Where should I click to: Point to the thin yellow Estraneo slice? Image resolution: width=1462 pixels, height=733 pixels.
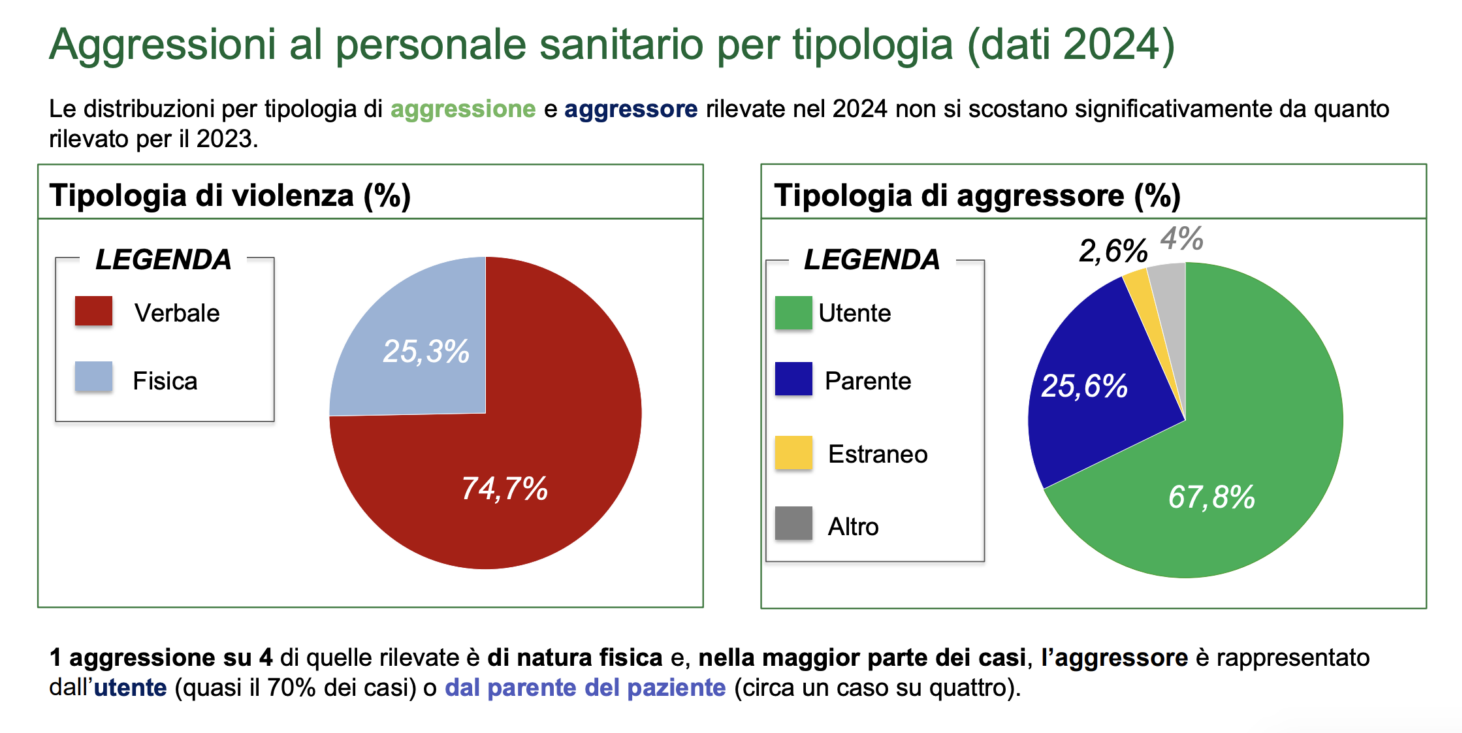pos(1136,282)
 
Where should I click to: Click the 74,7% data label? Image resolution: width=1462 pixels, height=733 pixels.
pos(504,488)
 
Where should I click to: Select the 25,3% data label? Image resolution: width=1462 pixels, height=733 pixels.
pos(426,352)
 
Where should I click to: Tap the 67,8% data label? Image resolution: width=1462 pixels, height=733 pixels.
pos(1211,496)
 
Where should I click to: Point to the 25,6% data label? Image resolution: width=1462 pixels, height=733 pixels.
pos(1084,386)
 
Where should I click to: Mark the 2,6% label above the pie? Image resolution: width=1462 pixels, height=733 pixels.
pos(1112,250)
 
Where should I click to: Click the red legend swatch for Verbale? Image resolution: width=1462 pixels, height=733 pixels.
pos(94,312)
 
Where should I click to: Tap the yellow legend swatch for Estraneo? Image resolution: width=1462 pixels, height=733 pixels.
pos(793,452)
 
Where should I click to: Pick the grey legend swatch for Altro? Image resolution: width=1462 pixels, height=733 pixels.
pos(793,523)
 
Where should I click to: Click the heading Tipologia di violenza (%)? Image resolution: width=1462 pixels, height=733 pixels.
pos(230,195)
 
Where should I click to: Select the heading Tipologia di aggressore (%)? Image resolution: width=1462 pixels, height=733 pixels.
pos(977,195)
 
